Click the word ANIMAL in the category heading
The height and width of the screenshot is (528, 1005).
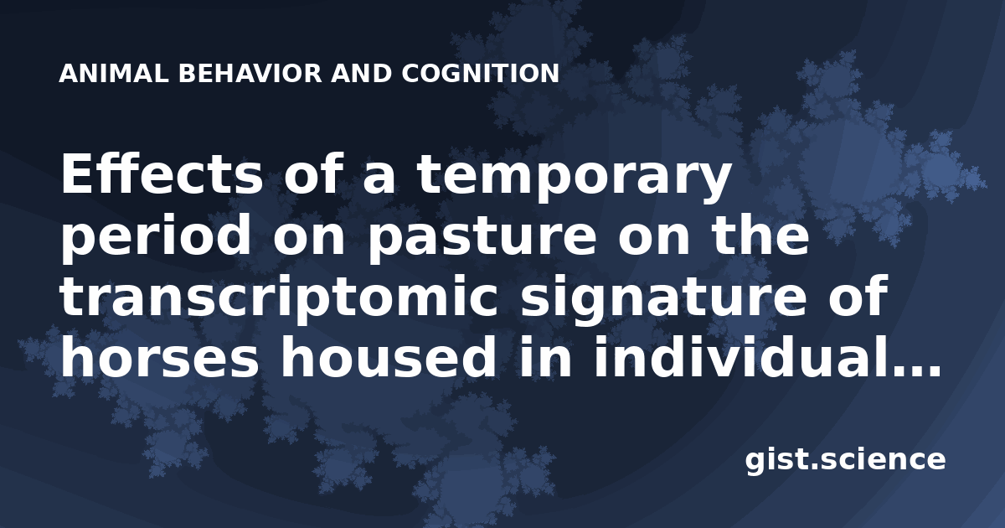click(x=114, y=74)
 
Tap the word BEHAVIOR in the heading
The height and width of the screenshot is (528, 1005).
click(x=250, y=74)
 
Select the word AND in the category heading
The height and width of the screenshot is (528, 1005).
click(x=361, y=74)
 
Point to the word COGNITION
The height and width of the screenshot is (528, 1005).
click(x=480, y=74)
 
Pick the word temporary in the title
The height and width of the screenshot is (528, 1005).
click(x=575, y=179)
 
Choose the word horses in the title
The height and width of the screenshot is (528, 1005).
click(x=160, y=358)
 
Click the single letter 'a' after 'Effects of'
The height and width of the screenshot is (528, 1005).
click(x=379, y=179)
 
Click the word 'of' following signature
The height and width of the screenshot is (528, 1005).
click(x=857, y=296)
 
